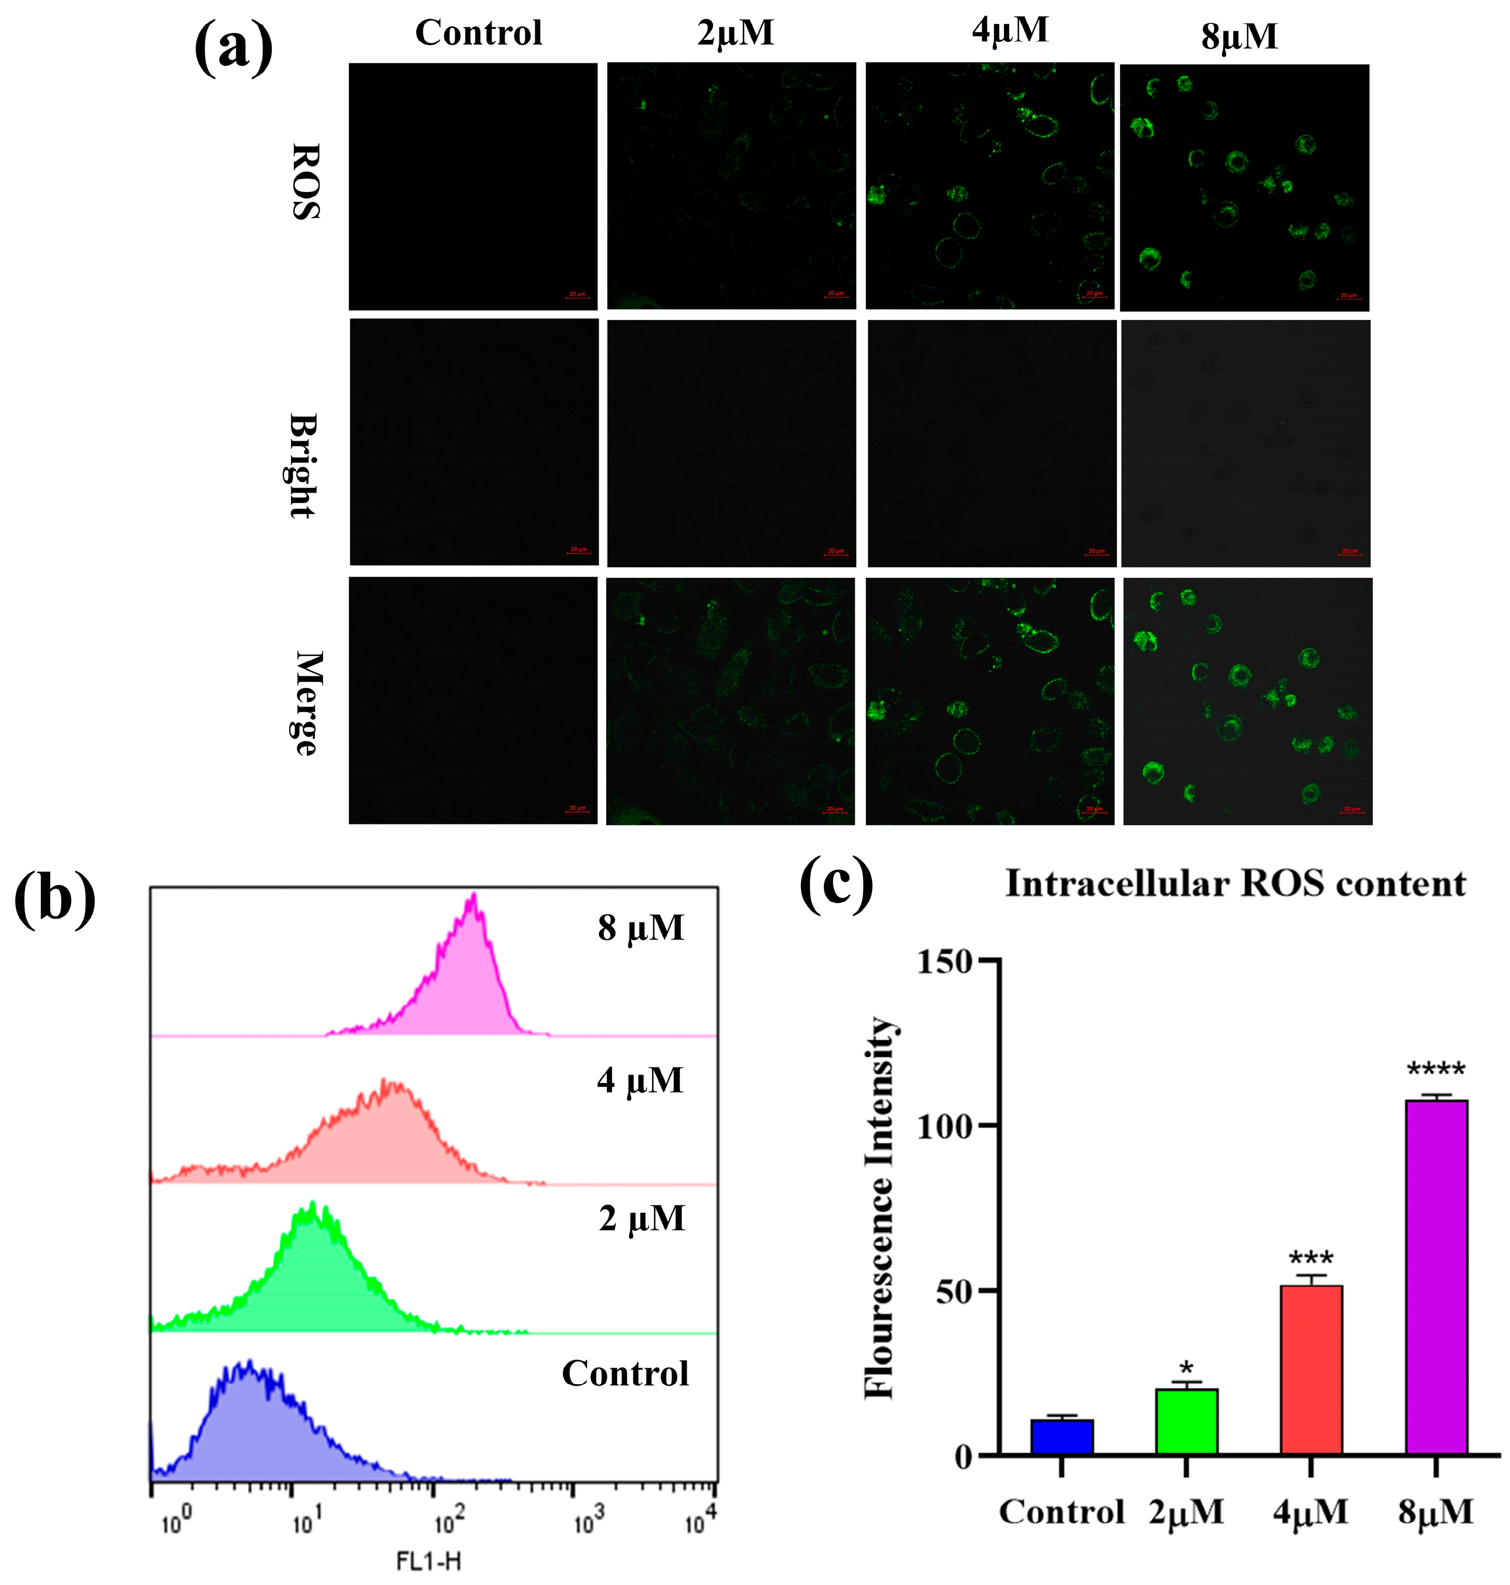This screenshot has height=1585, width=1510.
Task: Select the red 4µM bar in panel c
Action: (1311, 1373)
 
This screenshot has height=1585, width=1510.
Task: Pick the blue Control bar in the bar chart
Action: (1062, 1439)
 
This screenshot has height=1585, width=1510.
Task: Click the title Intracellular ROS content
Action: (1235, 884)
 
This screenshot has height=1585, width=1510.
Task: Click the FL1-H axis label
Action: (428, 1562)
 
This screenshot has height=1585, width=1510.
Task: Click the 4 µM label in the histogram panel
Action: (640, 1080)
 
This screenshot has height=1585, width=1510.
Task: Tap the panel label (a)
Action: (234, 48)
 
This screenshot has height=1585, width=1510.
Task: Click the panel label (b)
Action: (55, 899)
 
